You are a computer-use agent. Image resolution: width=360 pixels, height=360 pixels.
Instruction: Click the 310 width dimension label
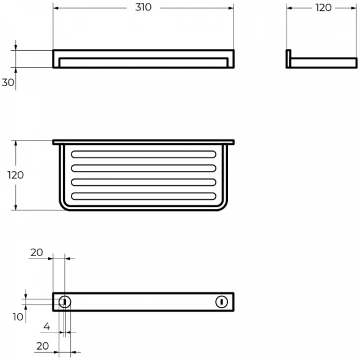coord(143,7)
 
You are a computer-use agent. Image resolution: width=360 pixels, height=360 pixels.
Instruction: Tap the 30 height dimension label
coord(8,83)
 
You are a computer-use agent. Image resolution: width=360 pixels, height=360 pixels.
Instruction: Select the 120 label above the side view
coord(323,8)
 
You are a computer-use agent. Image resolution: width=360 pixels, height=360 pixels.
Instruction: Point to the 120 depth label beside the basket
coord(16,175)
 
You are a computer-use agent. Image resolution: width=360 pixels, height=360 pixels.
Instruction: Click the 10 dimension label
coord(18,317)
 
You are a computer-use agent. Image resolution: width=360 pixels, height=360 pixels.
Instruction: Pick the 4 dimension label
coord(46,326)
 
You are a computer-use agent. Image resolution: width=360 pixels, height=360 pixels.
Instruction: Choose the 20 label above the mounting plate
coord(37,252)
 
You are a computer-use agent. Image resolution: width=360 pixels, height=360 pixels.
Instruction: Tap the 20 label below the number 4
coord(42,346)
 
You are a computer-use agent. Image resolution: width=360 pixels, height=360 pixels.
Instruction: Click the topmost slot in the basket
coord(144,154)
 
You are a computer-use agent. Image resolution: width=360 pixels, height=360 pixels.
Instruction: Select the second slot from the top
coord(144,168)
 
